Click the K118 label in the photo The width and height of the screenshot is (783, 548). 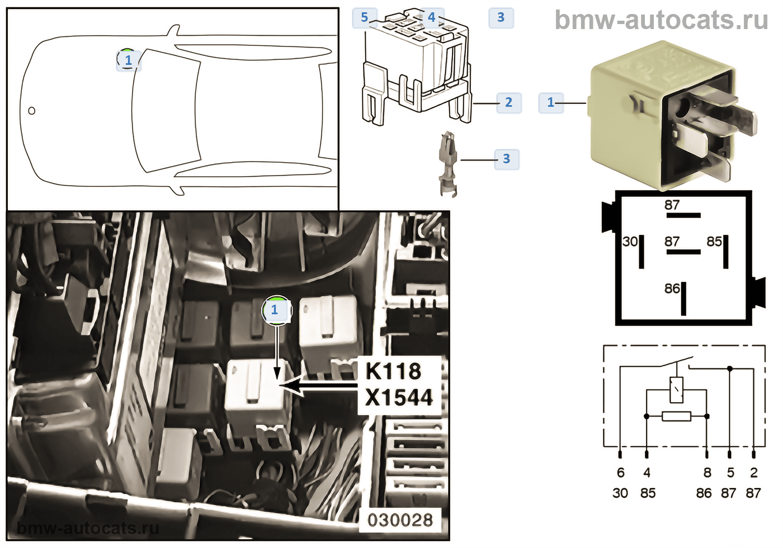393,371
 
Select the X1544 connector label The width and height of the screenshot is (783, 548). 399,398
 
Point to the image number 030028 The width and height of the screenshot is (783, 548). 400,520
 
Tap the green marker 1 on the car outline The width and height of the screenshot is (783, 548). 128,59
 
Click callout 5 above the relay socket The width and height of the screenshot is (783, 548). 364,17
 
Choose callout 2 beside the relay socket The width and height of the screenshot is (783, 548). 508,102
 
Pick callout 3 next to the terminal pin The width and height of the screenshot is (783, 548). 506,159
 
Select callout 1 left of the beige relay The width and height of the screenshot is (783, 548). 551,102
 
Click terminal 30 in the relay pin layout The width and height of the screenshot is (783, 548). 630,242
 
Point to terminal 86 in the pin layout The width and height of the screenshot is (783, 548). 672,289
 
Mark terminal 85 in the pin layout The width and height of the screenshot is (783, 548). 714,242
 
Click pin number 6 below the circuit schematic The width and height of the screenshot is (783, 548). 620,473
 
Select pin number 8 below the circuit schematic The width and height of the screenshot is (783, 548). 707,473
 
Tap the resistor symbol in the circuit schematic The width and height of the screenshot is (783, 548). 676,416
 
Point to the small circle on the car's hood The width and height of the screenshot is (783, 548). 32,111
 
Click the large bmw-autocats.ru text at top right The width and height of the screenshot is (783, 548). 661,21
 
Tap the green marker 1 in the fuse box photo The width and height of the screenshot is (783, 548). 275,309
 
